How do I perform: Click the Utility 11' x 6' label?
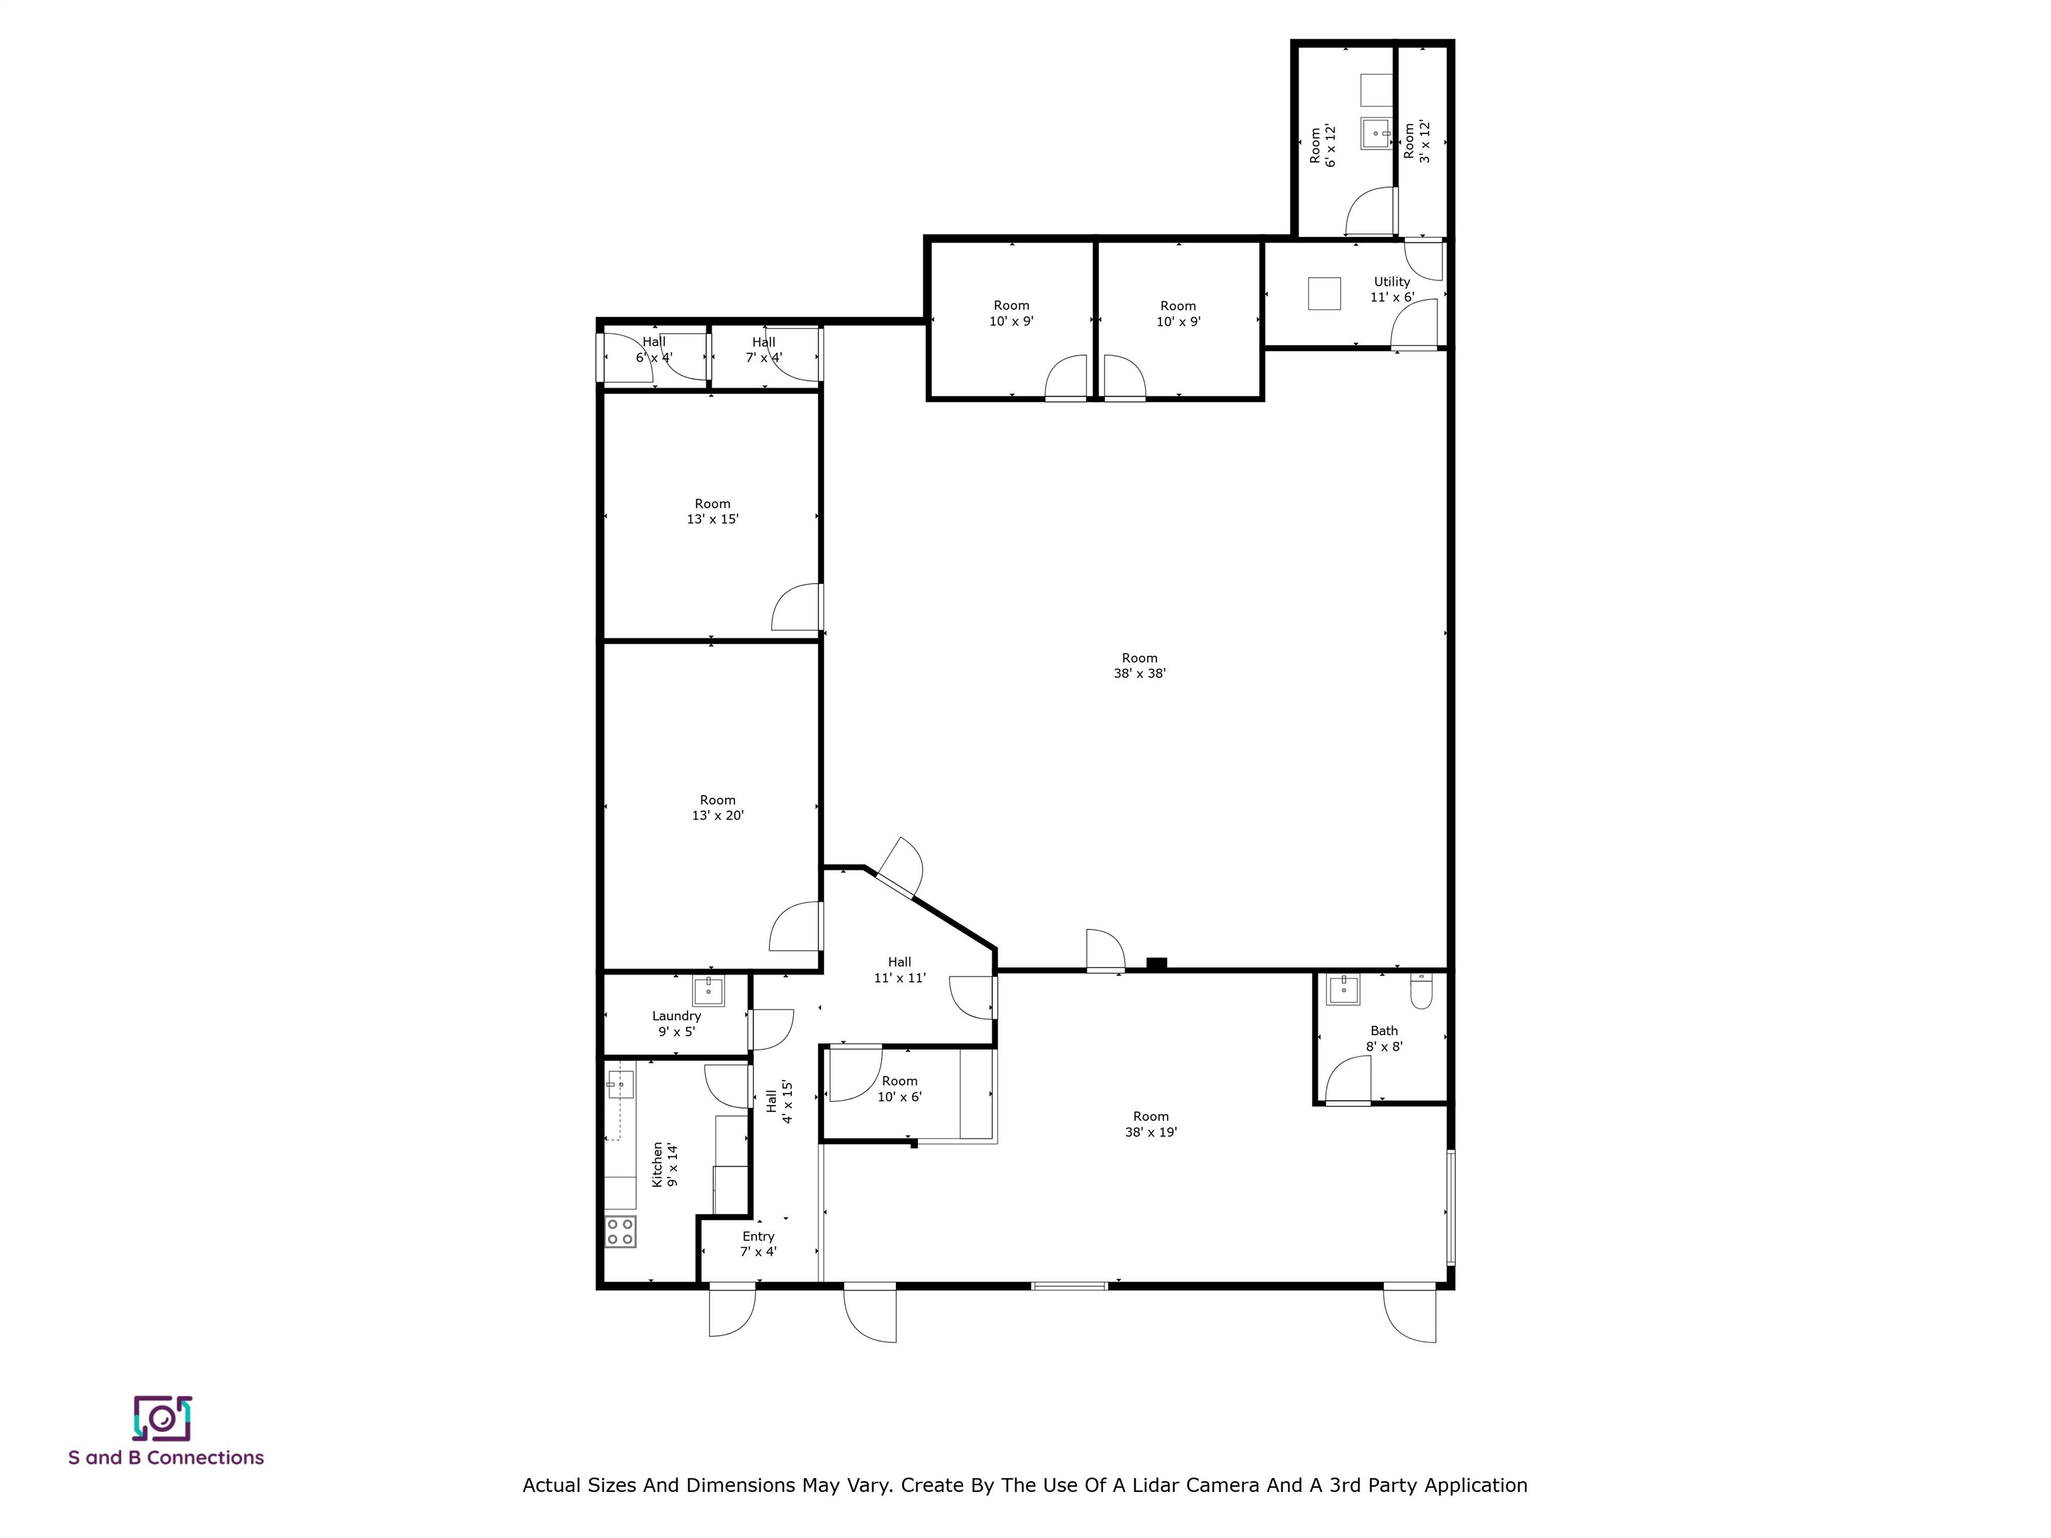click(1392, 289)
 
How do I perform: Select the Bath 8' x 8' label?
click(1383, 1038)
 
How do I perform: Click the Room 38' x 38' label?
click(1140, 666)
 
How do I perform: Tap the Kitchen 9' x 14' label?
click(665, 1164)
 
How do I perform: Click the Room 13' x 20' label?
click(718, 808)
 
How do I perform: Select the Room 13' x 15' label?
click(712, 511)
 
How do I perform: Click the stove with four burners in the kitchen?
click(620, 1231)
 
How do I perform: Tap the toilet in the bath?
click(1421, 992)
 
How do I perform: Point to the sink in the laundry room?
click(708, 991)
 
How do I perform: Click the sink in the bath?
click(1343, 989)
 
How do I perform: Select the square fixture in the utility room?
click(1324, 293)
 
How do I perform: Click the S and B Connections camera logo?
click(162, 1419)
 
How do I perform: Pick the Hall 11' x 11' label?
click(899, 970)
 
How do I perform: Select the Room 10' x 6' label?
click(899, 1088)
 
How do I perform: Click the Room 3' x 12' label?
click(1416, 142)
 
